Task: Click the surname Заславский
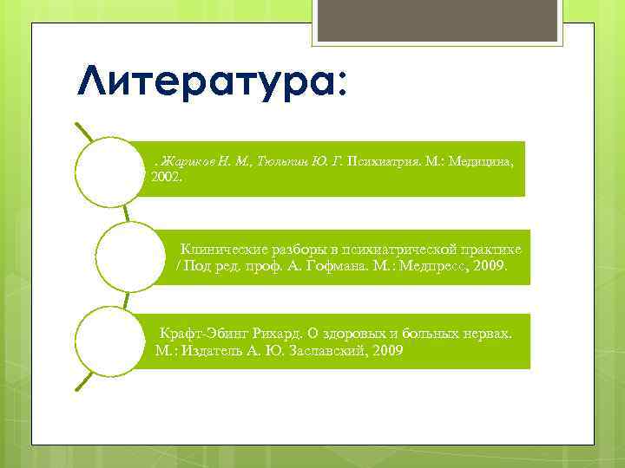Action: point(326,352)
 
